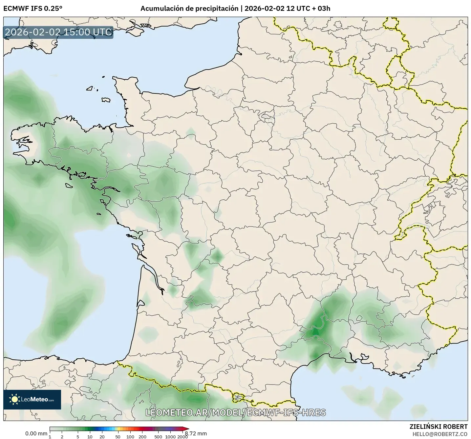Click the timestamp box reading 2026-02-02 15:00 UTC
click(58, 32)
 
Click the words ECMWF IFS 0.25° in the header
click(33, 9)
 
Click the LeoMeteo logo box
click(32, 399)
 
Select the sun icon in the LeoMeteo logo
click(14, 399)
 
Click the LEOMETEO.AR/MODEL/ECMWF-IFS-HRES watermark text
click(236, 412)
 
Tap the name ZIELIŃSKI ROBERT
click(439, 427)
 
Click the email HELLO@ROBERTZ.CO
click(440, 434)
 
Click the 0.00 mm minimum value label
click(36, 433)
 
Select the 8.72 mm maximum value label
click(196, 433)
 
